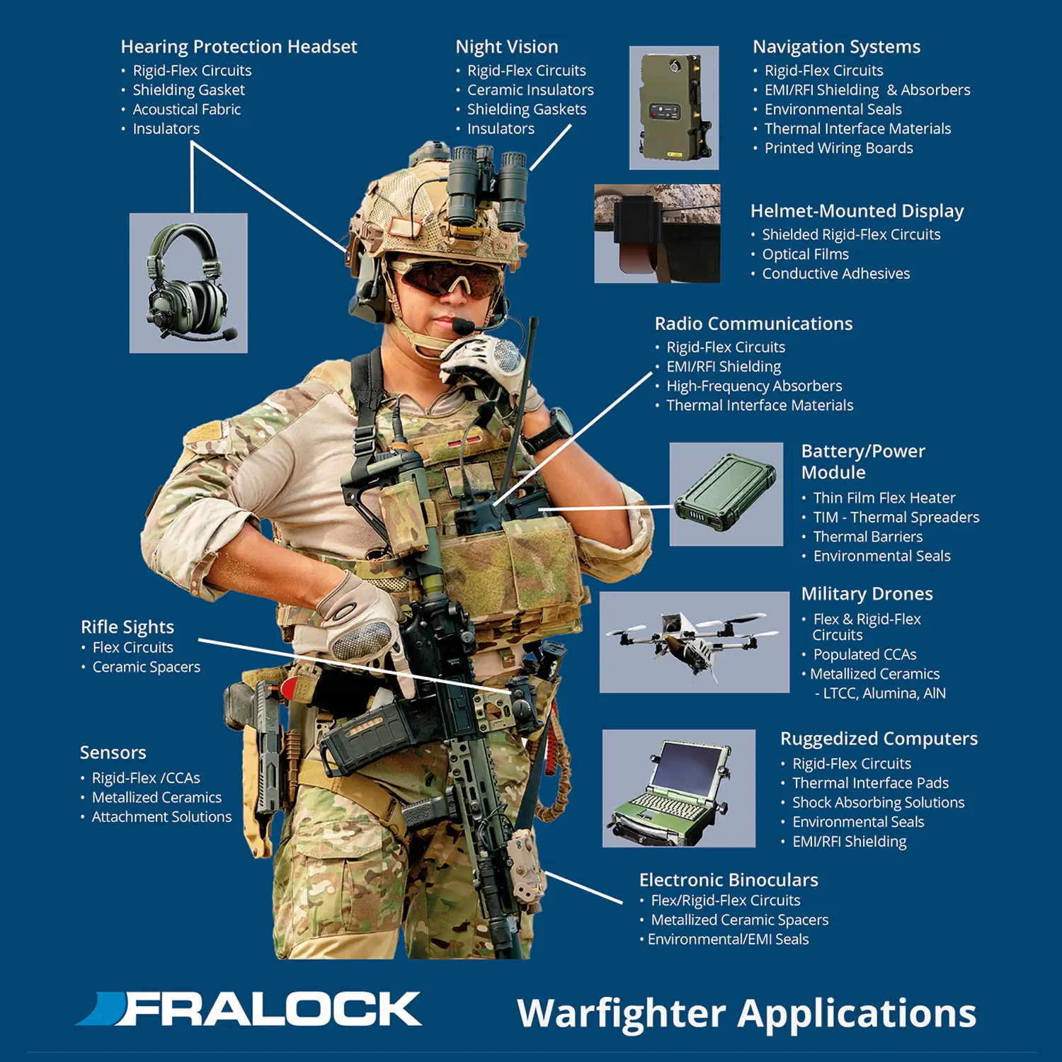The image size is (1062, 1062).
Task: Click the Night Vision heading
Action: pyautogui.click(x=507, y=47)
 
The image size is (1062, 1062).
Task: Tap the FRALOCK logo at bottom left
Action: pyautogui.click(x=249, y=1009)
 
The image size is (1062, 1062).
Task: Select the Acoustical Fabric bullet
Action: pyautogui.click(x=186, y=109)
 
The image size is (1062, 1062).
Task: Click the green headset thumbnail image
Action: pyautogui.click(x=188, y=283)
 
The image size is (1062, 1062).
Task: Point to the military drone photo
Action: pyautogui.click(x=695, y=642)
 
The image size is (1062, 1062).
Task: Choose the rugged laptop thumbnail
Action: pyautogui.click(x=679, y=788)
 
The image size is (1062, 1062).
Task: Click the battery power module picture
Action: pyautogui.click(x=726, y=494)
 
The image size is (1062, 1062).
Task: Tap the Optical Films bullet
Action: pyautogui.click(x=805, y=254)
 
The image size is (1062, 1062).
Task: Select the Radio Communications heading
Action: pyautogui.click(x=753, y=324)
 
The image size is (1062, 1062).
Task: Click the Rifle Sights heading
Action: pyautogui.click(x=127, y=627)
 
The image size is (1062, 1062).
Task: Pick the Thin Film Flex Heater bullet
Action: pyautogui.click(x=884, y=498)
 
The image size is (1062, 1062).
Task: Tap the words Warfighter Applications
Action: pyautogui.click(x=747, y=1014)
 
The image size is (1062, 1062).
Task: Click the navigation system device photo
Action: pyautogui.click(x=674, y=108)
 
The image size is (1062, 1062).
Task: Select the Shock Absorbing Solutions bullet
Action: pyautogui.click(x=878, y=802)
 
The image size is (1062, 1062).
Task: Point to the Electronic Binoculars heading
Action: pyautogui.click(x=729, y=880)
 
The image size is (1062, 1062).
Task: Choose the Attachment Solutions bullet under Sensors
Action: pyautogui.click(x=161, y=816)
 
